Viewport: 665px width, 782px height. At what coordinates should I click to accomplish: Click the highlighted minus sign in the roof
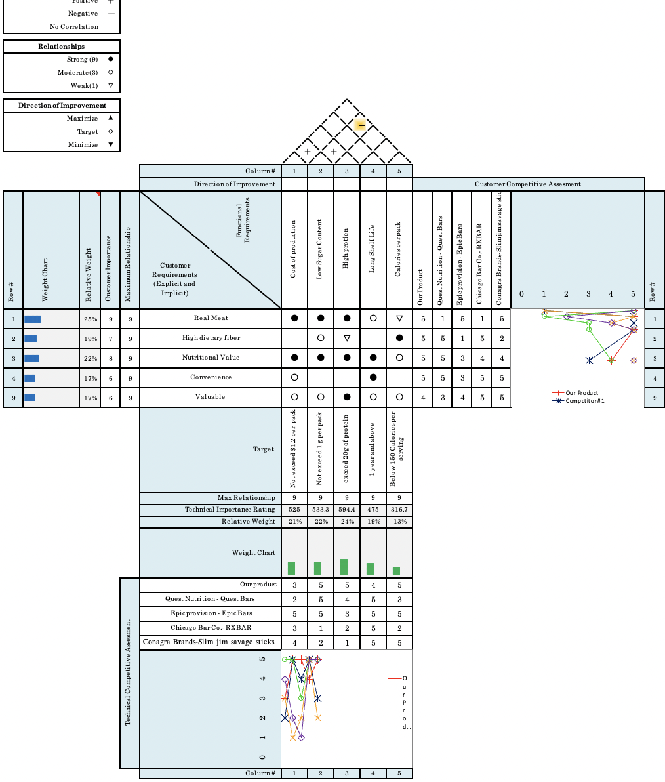click(x=361, y=125)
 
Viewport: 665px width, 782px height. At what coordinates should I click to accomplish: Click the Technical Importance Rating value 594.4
click(x=346, y=510)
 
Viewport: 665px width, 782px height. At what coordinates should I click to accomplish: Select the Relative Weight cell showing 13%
click(x=399, y=522)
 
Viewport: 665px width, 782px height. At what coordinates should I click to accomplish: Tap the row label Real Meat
click(x=211, y=318)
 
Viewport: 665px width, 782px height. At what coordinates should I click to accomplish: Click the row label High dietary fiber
click(x=211, y=338)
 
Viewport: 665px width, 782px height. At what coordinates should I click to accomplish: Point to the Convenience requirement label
click(x=211, y=377)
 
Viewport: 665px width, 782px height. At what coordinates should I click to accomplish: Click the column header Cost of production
click(x=294, y=249)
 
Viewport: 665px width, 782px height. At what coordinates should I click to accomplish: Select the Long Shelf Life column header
click(x=373, y=249)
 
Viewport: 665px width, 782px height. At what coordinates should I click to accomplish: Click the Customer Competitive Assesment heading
click(x=527, y=184)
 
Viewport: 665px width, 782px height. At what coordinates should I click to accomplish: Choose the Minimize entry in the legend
click(x=83, y=145)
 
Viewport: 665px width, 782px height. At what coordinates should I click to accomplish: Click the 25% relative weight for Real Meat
click(x=90, y=319)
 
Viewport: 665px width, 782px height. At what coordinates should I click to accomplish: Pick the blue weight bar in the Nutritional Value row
click(x=31, y=358)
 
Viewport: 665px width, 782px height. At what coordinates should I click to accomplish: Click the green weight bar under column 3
click(x=344, y=567)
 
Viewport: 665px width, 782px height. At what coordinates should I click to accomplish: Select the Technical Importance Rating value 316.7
click(x=399, y=510)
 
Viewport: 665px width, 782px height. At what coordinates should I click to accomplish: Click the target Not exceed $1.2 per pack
click(x=294, y=449)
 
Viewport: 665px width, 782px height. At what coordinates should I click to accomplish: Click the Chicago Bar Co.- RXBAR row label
click(x=211, y=628)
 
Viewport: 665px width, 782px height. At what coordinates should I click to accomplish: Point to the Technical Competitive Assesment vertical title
click(x=129, y=672)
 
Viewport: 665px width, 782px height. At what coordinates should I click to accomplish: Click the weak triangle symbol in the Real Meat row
click(x=399, y=318)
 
